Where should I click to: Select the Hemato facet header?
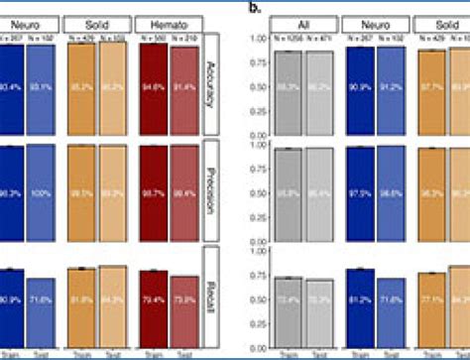[x=173, y=22]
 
